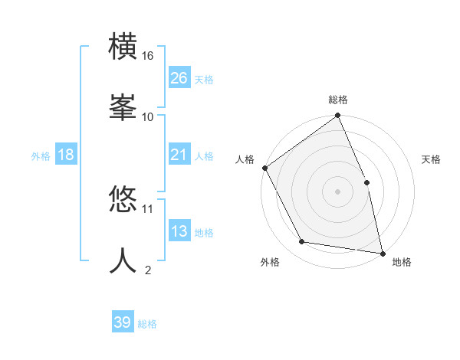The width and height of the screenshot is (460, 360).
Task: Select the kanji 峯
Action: [x=123, y=106]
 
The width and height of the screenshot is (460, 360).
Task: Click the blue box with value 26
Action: [x=179, y=77]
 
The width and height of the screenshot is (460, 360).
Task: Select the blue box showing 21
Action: [x=179, y=155]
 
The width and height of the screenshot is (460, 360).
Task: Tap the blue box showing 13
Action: [x=179, y=231]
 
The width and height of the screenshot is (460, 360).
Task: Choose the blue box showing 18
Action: [x=66, y=155]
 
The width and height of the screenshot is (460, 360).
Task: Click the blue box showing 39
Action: [x=123, y=322]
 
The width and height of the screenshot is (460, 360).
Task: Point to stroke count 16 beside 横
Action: [x=148, y=56]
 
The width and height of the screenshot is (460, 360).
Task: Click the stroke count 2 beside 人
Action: [x=148, y=270]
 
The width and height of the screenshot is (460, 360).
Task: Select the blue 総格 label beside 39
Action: [x=147, y=324]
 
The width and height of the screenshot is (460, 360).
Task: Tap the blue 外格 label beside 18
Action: [x=41, y=156]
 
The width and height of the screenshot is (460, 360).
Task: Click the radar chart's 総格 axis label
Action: [x=338, y=100]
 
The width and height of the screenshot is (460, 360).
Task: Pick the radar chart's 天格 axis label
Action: [x=432, y=159]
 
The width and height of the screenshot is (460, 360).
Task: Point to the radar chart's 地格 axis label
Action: [x=402, y=263]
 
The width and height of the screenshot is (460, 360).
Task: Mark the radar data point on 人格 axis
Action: [x=264, y=168]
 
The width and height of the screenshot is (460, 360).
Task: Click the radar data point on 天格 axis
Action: [x=366, y=182]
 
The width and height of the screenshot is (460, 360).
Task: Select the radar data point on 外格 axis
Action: [x=302, y=242]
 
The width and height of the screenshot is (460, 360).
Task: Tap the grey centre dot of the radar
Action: [x=337, y=191]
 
